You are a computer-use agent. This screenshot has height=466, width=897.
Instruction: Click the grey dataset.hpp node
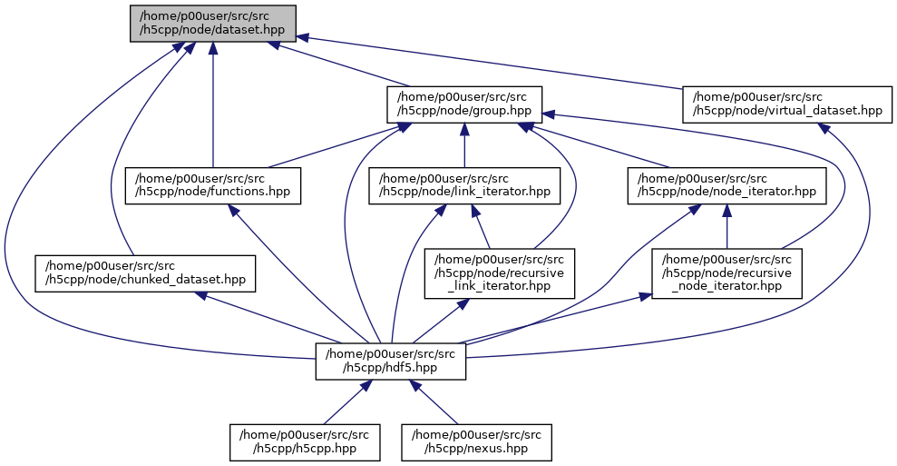(212, 22)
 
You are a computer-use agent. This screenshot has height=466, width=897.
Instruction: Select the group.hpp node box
(463, 104)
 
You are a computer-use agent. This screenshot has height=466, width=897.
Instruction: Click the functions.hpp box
(212, 185)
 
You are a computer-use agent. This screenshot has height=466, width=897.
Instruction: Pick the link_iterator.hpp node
(463, 185)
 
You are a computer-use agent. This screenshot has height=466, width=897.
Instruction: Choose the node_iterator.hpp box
(726, 185)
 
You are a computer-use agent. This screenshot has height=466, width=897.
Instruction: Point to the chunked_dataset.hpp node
(145, 273)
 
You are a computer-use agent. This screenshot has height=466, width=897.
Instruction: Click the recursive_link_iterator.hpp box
(501, 273)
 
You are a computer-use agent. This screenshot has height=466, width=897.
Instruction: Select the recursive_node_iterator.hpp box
(726, 273)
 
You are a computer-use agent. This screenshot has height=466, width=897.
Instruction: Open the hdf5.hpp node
(391, 361)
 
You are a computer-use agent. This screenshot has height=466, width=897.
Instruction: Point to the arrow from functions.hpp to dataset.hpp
(212, 109)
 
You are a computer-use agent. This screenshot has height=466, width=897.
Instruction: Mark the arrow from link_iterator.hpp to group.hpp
(463, 147)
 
